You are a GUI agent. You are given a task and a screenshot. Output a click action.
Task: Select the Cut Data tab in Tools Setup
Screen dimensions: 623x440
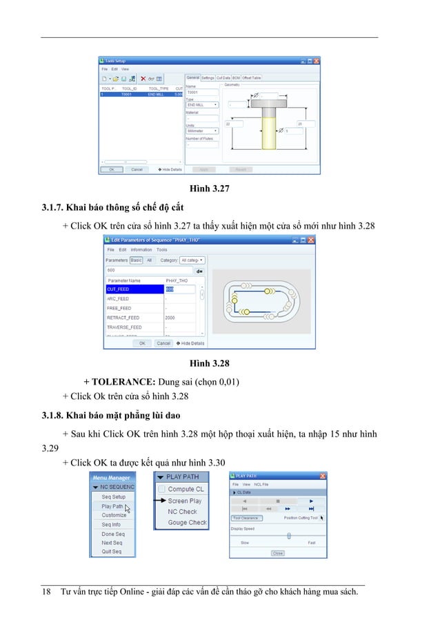[x=223, y=78]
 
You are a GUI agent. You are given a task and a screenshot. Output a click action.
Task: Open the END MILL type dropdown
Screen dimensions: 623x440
[x=202, y=105]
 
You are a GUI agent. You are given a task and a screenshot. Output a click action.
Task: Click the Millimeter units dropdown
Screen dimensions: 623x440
[x=202, y=130]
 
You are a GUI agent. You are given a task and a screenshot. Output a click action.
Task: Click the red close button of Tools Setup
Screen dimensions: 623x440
[x=317, y=60]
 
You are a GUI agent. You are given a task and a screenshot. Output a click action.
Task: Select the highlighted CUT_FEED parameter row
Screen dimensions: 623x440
[x=134, y=289]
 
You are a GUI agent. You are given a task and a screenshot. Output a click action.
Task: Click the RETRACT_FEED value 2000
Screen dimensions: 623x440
[x=170, y=317]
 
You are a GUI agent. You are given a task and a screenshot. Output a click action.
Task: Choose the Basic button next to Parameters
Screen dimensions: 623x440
[x=137, y=260]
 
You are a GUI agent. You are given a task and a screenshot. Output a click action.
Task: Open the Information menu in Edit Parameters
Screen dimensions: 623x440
[x=141, y=250]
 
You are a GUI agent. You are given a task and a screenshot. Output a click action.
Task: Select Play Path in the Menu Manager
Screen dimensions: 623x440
[x=112, y=506]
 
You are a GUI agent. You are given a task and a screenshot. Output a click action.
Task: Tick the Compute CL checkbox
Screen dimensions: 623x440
[x=161, y=489]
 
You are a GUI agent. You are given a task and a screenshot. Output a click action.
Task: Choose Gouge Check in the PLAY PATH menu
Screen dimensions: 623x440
[x=187, y=523]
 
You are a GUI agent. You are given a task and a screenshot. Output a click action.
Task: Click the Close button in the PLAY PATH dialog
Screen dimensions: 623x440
[x=277, y=553]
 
